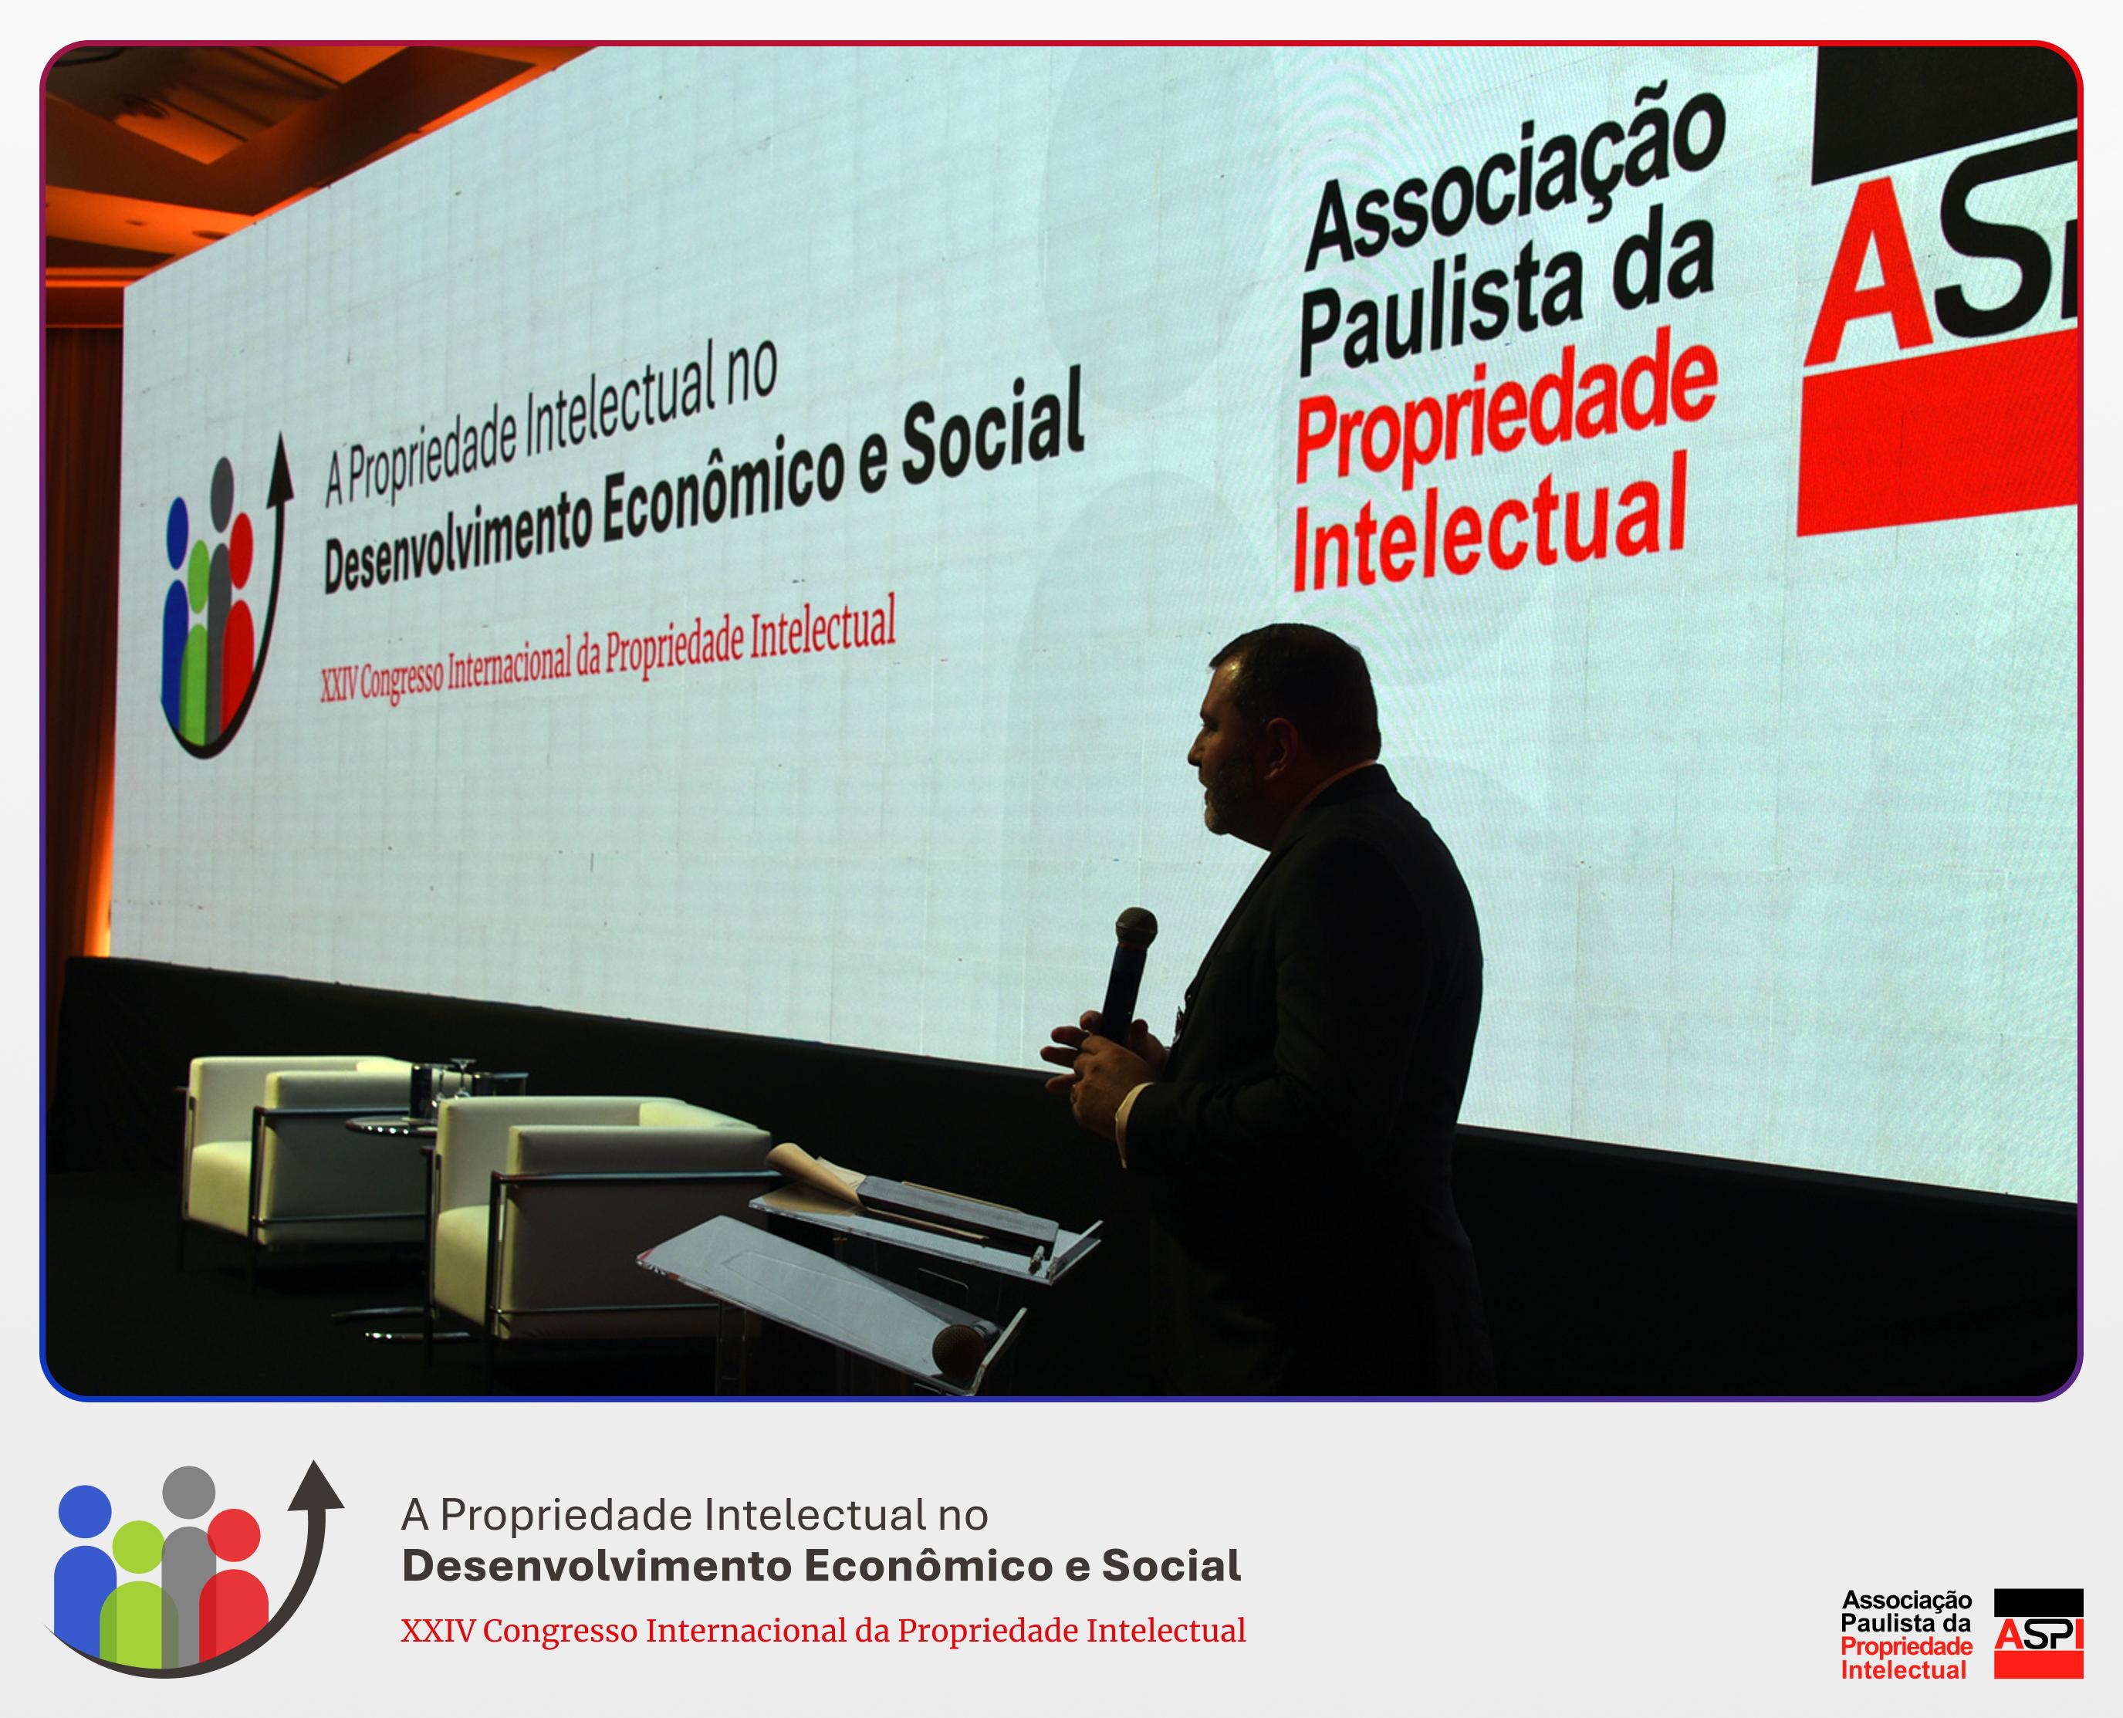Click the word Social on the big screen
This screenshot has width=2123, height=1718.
point(993,435)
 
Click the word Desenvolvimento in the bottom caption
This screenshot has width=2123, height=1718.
point(597,1567)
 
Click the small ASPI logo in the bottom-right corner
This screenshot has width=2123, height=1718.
point(2038,1633)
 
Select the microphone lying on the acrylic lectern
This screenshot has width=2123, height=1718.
point(965,1345)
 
